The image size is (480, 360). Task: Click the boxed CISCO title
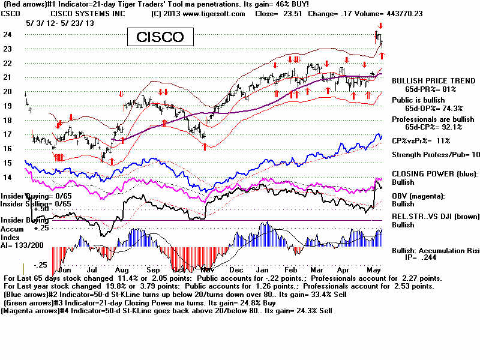click(160, 37)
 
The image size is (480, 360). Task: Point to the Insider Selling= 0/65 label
click(35, 203)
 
